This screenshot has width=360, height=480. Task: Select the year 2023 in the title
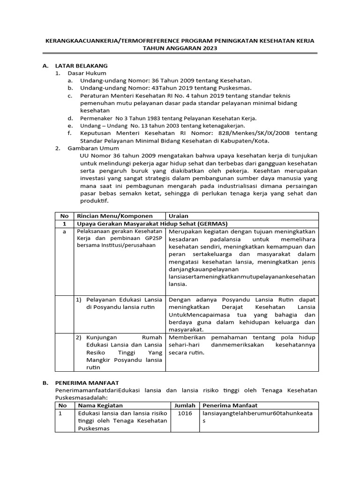tap(206, 48)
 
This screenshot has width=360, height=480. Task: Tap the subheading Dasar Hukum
tap(87, 73)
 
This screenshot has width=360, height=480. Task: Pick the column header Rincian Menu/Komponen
tap(114, 216)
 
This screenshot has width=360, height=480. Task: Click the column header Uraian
tap(179, 216)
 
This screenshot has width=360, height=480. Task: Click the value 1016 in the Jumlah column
tap(184, 413)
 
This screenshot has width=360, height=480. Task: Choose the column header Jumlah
tap(185, 405)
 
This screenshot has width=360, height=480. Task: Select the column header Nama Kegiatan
tap(100, 405)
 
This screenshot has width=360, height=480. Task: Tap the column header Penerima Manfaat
tap(230, 405)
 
